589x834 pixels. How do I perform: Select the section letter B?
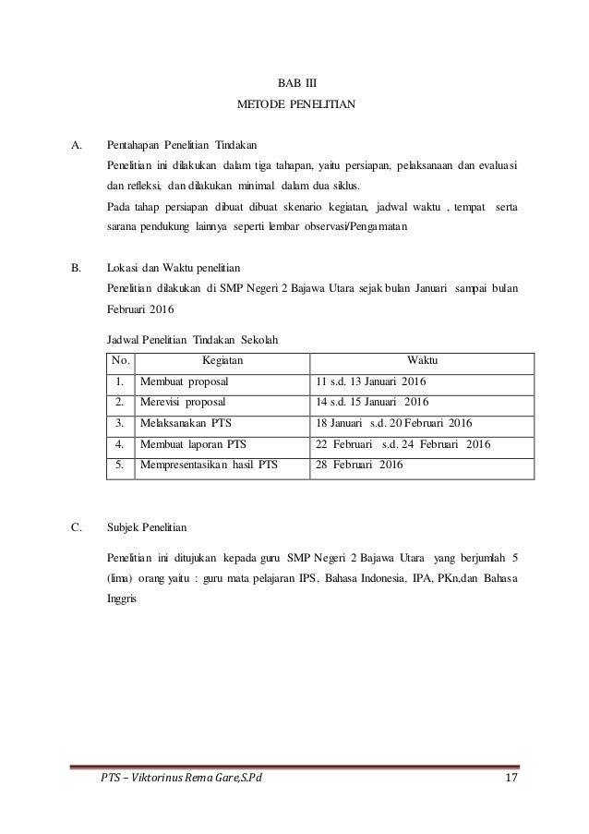[x=78, y=269]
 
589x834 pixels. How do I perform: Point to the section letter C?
[x=78, y=528]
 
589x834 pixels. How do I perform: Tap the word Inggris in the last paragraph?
[x=122, y=598]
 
